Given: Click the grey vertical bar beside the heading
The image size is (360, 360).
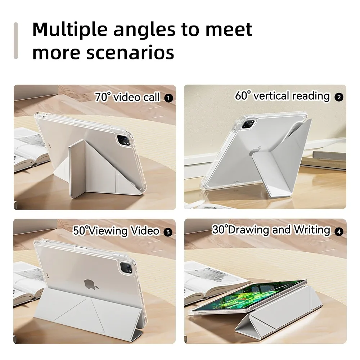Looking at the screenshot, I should [15, 40].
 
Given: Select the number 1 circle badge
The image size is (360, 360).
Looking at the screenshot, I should [168, 97].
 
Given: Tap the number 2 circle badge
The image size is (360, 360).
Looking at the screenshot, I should [338, 96].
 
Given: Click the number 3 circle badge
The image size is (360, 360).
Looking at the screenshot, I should [167, 231].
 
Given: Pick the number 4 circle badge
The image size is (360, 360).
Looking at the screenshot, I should [338, 231].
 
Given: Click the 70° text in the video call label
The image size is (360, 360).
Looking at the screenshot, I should [103, 97].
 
